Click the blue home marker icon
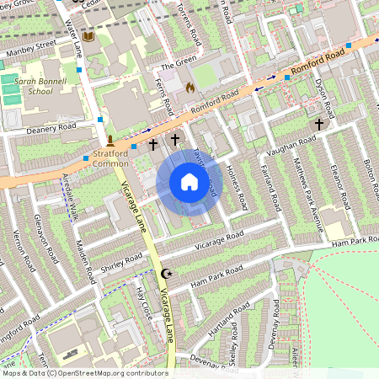point(189,183)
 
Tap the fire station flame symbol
point(190,87)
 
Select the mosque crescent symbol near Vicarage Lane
point(166,275)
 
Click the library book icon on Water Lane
point(88,37)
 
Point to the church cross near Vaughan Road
point(318,124)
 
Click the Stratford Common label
point(115,159)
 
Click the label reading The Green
point(178,64)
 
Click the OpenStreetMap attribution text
point(84,372)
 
